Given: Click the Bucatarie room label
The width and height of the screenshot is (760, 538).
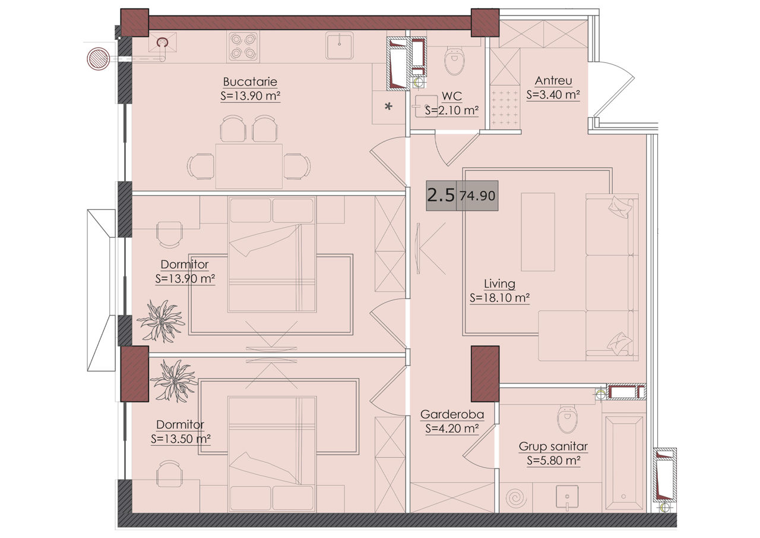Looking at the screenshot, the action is click(x=250, y=82).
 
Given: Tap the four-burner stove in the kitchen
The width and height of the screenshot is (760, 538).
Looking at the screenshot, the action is click(x=243, y=47).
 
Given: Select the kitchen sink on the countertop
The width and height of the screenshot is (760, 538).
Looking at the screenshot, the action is click(x=339, y=46).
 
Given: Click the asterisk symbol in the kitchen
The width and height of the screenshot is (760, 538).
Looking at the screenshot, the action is click(x=388, y=106).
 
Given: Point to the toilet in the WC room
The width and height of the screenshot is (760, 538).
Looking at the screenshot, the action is click(x=454, y=61).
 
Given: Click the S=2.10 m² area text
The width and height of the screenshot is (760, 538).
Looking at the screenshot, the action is click(x=452, y=111).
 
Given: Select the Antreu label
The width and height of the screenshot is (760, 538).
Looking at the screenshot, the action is click(x=553, y=81).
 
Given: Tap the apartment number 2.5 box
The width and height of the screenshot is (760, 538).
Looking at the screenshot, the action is click(x=441, y=196).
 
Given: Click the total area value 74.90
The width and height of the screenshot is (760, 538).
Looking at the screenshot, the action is click(x=477, y=196).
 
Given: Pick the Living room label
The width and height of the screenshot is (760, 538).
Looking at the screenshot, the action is click(x=499, y=284).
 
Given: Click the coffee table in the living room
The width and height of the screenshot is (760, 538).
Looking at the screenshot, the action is click(x=538, y=232).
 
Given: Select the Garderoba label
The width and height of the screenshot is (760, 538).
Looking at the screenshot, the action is click(x=452, y=414).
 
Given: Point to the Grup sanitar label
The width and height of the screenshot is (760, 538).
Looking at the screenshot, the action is click(x=553, y=446).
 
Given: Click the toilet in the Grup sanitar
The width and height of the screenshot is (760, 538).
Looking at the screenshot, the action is click(x=567, y=419).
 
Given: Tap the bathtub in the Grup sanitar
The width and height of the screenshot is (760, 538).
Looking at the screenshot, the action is click(x=624, y=463).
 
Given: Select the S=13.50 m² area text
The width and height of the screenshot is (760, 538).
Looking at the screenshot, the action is click(x=180, y=439).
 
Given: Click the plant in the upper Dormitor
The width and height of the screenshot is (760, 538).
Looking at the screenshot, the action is click(x=161, y=321).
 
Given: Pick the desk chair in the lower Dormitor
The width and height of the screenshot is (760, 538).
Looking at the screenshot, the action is click(x=169, y=473).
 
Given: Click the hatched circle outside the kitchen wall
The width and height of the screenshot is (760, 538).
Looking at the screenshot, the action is click(x=98, y=59).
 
